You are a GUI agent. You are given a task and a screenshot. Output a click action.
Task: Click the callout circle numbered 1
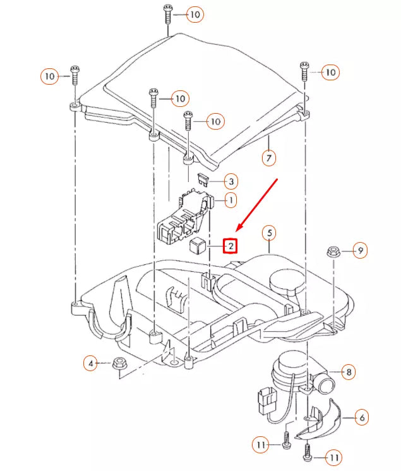tap(231, 200)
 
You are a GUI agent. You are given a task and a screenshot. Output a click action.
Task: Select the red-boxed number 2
tap(231, 245)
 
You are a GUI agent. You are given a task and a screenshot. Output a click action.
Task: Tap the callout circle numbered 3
tap(231, 182)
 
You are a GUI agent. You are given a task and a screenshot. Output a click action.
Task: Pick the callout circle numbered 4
tap(91, 364)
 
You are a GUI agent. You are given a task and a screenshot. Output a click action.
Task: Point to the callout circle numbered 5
tap(270, 233)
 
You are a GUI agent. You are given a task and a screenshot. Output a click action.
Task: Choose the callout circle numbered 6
tap(362, 418)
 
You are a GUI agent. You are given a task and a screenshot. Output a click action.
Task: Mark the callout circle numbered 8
tap(349, 372)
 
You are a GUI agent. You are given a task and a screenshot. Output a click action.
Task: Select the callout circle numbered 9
tap(359, 251)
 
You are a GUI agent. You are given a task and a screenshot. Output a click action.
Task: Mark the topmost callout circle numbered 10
tap(195, 13)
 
